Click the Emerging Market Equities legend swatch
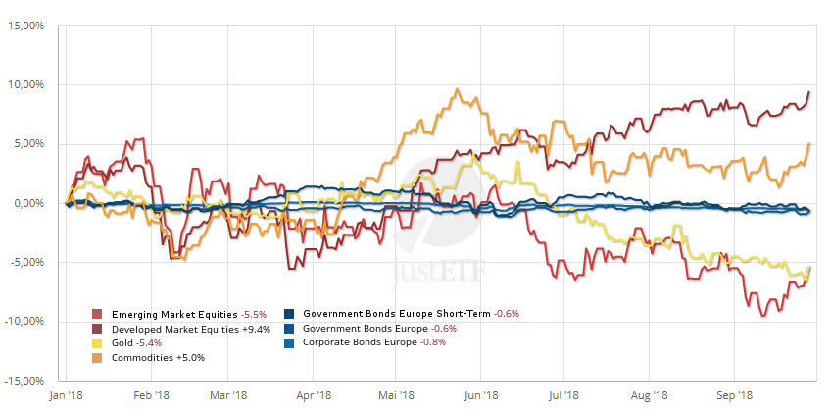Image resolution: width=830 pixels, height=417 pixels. pos(97,315)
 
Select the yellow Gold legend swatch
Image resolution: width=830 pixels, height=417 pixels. pos(97,344)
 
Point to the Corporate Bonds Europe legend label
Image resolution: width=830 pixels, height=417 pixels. pos(360,343)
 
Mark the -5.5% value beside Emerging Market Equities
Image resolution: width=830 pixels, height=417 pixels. pos(252,315)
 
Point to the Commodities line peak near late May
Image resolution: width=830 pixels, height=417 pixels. pos(458,89)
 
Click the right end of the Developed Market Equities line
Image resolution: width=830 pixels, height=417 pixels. pos(809,91)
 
